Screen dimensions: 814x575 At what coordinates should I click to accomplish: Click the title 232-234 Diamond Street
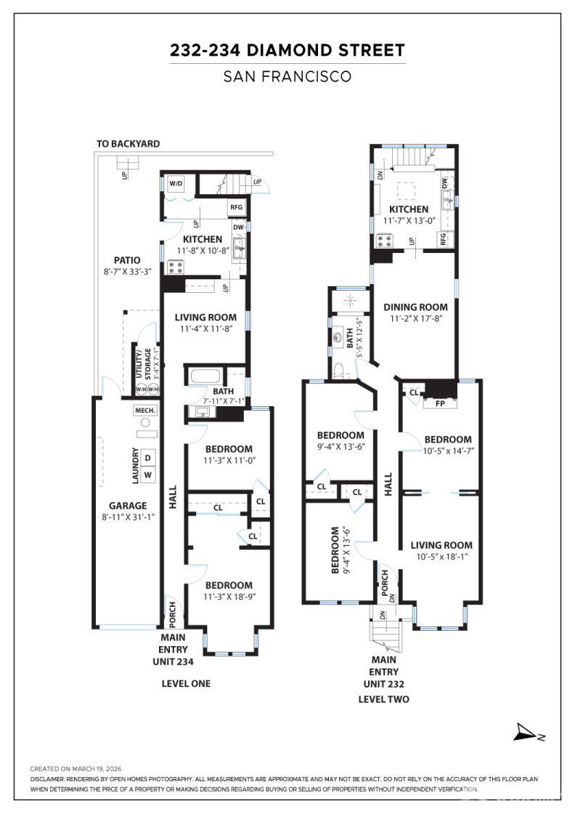[x=287, y=50]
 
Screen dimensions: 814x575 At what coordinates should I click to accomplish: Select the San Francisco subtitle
[x=287, y=76]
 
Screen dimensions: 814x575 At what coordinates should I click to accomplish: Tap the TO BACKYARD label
[x=128, y=144]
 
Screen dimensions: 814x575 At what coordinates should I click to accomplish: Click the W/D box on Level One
[x=176, y=184]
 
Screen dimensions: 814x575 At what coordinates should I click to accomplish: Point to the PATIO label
[x=127, y=260]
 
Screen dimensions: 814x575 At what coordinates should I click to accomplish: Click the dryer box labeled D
[x=147, y=457]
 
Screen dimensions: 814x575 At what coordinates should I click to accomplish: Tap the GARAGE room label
[x=128, y=506]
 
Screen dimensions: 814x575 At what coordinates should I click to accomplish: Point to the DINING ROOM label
[x=415, y=307]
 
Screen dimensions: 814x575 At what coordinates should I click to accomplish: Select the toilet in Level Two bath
[x=339, y=370]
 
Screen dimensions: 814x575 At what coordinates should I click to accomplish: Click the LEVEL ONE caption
[x=186, y=683]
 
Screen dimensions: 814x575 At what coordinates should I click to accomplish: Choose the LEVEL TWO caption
[x=383, y=699]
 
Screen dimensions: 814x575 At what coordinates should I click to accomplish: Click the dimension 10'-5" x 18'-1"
[x=441, y=557]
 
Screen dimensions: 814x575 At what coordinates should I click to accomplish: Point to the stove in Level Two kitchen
[x=384, y=240]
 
